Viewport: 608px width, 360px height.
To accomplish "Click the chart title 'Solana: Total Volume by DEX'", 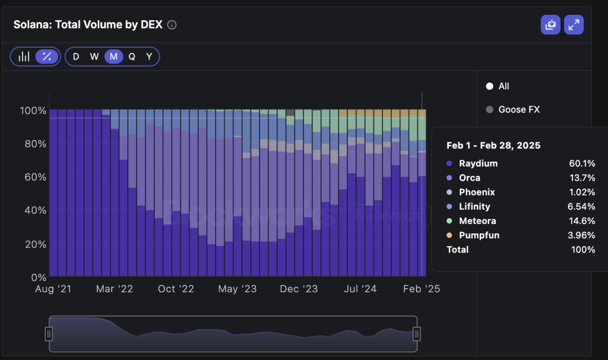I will click(88, 25).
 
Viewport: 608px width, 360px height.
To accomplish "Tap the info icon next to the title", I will click(172, 25).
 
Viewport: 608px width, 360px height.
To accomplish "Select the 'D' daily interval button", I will click(75, 56).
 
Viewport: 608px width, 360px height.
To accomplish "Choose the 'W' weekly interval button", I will click(94, 56).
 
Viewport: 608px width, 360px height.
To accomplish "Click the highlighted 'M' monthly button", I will click(113, 56).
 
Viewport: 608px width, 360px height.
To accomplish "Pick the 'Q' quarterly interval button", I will click(132, 56).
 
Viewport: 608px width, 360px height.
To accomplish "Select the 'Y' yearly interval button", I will click(149, 56).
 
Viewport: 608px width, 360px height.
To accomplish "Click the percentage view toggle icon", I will click(46, 56).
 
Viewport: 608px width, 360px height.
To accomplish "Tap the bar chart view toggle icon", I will click(24, 56).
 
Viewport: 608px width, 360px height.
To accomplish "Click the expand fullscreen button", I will click(574, 25).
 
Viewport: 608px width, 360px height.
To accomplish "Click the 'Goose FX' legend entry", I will click(519, 109).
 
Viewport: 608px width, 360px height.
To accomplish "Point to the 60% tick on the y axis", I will click(33, 177).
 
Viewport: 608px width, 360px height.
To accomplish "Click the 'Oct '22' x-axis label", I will click(176, 289).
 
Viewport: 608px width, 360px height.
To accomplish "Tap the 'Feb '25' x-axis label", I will click(421, 289).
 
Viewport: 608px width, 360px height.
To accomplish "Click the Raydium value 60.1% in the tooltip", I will click(584, 163).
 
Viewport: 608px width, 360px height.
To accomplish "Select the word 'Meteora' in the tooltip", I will click(477, 221).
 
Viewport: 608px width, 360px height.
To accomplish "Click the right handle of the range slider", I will click(417, 334).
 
